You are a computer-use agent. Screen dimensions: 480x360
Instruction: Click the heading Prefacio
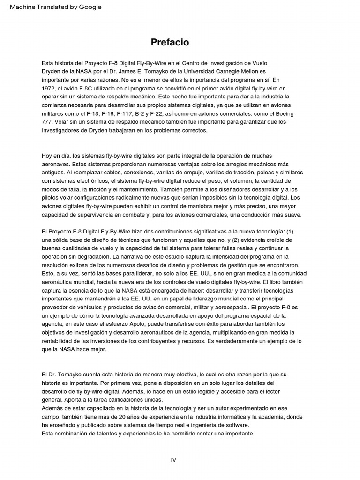click(170, 42)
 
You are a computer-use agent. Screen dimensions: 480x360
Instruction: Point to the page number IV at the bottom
click(173, 460)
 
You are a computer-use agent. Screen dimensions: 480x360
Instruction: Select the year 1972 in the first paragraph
click(49, 88)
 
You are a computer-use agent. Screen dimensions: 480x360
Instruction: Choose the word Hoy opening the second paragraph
click(47, 155)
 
